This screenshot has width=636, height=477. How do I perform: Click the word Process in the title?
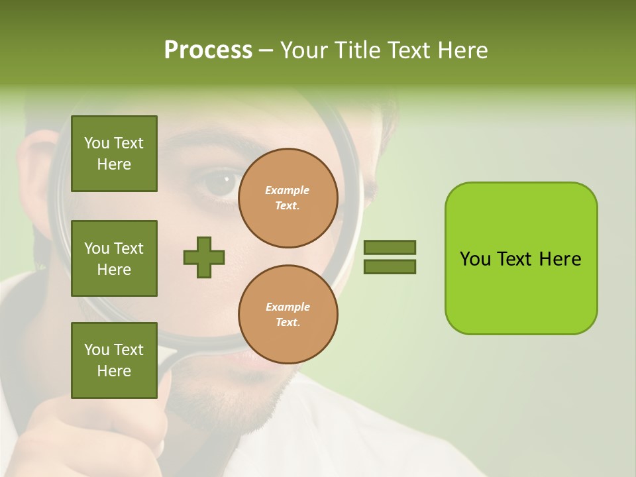pos(208,50)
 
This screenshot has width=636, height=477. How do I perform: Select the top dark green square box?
pos(114,154)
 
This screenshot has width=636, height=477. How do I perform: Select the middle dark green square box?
pos(114,258)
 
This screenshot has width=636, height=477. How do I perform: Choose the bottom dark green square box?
pos(114,360)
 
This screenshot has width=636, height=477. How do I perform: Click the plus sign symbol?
pos(204,257)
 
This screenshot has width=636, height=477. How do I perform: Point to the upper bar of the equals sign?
pos(390,247)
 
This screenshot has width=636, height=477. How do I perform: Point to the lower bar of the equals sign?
pos(390,267)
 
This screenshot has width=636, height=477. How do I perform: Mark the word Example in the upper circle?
pos(288,190)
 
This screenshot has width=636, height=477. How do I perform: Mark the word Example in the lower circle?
pos(288,307)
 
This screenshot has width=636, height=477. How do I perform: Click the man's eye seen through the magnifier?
pos(221,184)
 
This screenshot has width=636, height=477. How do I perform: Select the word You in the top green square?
pos(97,143)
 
